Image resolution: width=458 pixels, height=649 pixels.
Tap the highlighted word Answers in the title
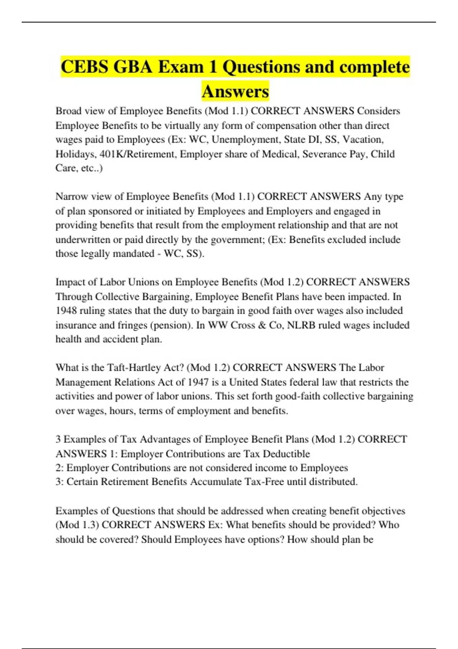click(x=235, y=91)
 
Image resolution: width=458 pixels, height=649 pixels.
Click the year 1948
click(x=66, y=310)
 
